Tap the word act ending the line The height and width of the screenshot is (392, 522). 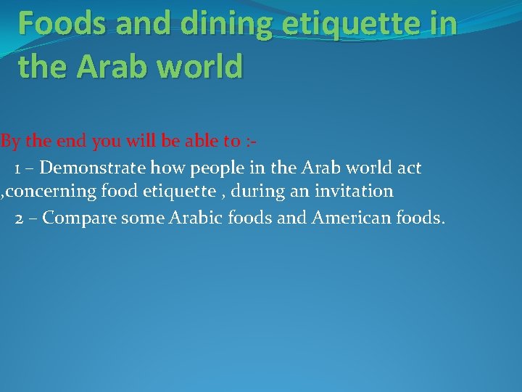409,168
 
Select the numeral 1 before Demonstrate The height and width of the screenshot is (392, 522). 17,168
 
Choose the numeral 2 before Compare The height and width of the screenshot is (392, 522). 20,219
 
